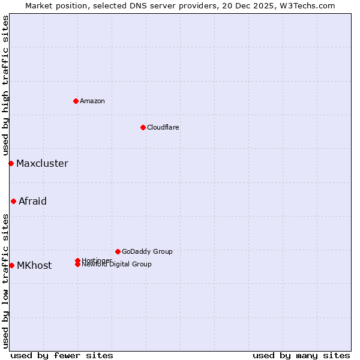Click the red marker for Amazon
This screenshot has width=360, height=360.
76,101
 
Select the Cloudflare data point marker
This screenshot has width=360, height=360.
143,127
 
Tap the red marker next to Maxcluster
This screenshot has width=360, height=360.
11,163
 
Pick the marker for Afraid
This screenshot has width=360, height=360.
13,201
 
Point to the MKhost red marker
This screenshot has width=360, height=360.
11,265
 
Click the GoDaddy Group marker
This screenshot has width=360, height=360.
118,251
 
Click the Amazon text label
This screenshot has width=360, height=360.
92,101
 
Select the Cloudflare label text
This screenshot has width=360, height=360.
163,127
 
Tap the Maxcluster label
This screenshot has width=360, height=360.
42,163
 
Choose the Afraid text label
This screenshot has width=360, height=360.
32,201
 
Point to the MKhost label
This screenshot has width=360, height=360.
34,265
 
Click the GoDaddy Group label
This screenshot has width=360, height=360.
147,251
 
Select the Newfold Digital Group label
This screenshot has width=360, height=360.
117,265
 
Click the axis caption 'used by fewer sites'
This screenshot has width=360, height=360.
62,355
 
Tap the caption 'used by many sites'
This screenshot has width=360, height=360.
301,355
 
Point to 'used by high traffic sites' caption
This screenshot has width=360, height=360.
6,86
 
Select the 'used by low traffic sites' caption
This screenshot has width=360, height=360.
6,281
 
